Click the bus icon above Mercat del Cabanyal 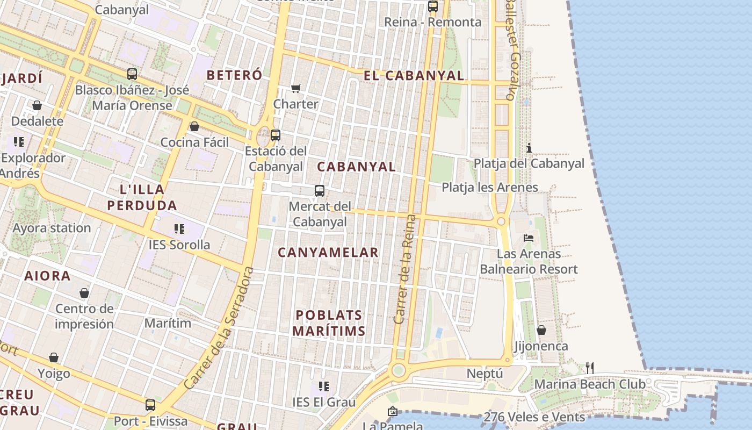tap(320, 191)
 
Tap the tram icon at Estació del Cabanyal tap(276, 135)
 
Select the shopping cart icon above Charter tap(296, 88)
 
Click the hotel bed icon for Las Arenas tap(529, 238)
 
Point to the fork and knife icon tap(590, 368)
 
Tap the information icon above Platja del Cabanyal tap(529, 148)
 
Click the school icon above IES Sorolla tap(179, 230)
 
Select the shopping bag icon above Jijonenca tap(541, 330)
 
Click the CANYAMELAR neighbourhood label tap(328, 252)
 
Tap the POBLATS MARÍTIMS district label tap(329, 323)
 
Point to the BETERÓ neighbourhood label tap(234, 75)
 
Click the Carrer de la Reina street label tap(405, 269)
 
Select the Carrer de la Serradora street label tap(219, 328)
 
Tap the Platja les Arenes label tap(489, 188)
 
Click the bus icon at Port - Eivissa tap(150, 405)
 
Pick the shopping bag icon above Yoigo tap(54, 357)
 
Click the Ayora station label tap(52, 228)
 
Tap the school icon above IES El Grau tap(323, 386)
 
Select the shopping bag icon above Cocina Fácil tap(194, 126)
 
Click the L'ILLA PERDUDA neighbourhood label tap(142, 197)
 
